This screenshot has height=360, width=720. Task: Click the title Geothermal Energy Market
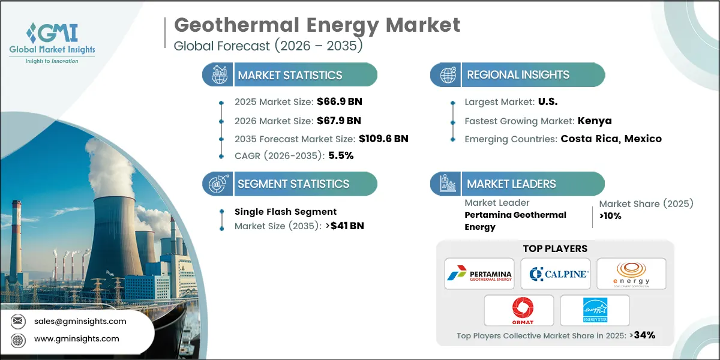click(317, 25)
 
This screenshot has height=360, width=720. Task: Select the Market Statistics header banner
click(290, 75)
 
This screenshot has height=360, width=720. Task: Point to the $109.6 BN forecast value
click(383, 139)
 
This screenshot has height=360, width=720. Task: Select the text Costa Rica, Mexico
click(611, 139)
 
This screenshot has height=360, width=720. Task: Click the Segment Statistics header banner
click(290, 184)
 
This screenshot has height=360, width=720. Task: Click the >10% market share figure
click(610, 216)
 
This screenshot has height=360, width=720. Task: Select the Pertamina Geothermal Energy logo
click(478, 274)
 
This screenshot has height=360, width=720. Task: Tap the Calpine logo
click(556, 274)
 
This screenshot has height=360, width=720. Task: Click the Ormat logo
click(517, 310)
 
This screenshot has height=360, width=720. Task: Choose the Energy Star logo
click(595, 310)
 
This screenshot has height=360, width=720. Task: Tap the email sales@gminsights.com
click(80, 321)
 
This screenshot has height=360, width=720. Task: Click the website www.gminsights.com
click(77, 339)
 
